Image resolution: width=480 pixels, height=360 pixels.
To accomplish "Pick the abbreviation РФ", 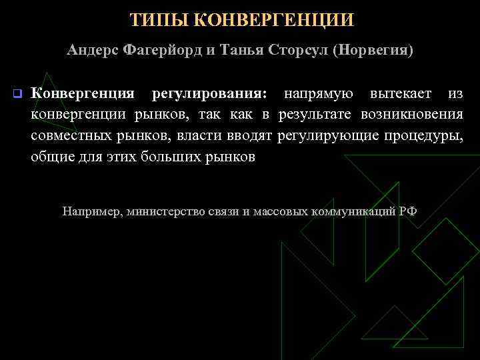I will coord(408,211).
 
